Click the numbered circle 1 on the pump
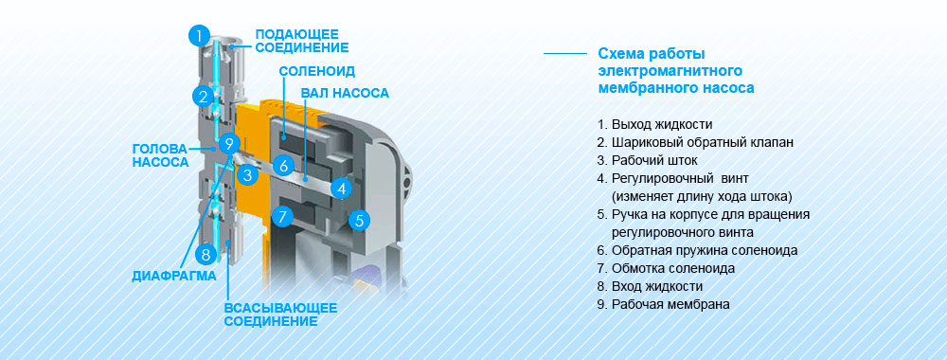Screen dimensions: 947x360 pos(200,35)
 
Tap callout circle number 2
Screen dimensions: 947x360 pos(205,96)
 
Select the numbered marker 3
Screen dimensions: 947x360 pos(247,175)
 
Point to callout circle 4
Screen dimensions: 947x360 pos(342,189)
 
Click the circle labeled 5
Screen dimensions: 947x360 pos(359,221)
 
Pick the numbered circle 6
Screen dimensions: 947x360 pos(282,166)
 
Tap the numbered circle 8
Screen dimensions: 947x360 pos(206,254)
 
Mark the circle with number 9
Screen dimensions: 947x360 pos(228,144)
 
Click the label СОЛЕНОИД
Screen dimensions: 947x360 pos(317,71)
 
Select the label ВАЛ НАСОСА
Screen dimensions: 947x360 pos(345,93)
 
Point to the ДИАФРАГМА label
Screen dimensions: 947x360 pos(174,277)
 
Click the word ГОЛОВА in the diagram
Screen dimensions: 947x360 pos(159,149)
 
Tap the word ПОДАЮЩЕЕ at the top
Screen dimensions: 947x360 pos(296,34)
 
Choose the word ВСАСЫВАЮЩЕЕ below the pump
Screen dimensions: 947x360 pos(281,308)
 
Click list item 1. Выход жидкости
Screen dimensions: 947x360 pos(654,125)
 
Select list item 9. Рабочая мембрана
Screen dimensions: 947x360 pos(663,304)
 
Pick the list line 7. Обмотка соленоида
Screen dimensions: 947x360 pos(666,268)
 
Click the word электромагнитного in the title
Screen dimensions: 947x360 pos(670,71)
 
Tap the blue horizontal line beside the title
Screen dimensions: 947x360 pos(565,54)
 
